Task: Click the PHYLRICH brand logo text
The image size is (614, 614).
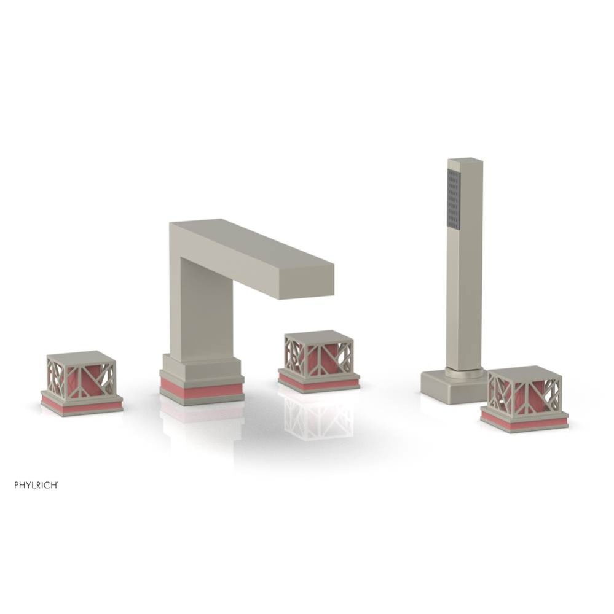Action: tap(36, 484)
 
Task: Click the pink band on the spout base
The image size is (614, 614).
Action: tap(202, 389)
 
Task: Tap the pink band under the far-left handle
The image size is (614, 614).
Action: tap(81, 406)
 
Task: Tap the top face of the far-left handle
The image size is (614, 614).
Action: tap(80, 357)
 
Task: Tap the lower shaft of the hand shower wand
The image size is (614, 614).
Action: tap(464, 313)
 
